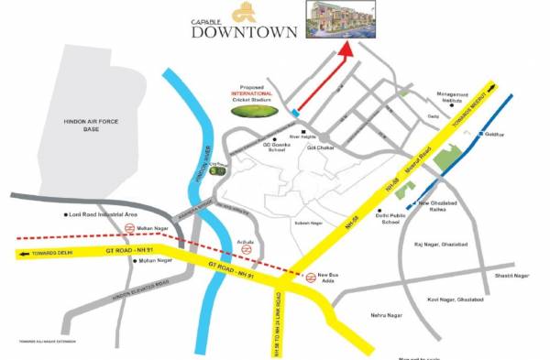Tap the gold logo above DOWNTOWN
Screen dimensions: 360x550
pyautogui.click(x=242, y=12)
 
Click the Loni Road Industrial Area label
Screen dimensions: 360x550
pyautogui.click(x=104, y=215)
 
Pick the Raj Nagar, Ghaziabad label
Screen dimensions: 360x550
pyautogui.click(x=441, y=246)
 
